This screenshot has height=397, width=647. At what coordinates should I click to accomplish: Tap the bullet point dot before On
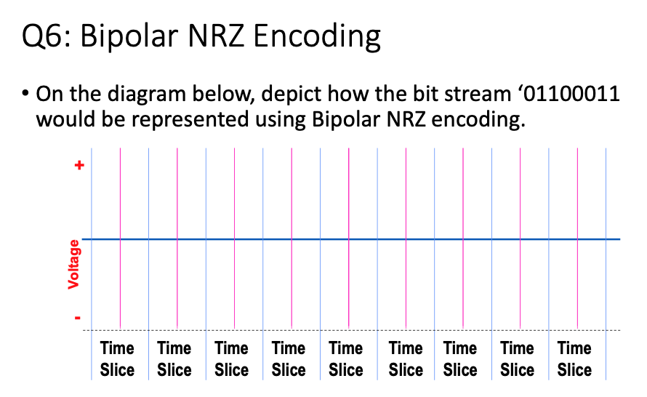point(25,95)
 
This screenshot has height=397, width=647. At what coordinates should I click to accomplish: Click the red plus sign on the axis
point(80,166)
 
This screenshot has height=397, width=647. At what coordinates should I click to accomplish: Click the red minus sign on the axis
point(79,318)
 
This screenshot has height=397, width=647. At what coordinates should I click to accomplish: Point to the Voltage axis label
point(74,268)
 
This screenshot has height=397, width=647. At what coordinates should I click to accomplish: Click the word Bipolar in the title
point(129,36)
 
